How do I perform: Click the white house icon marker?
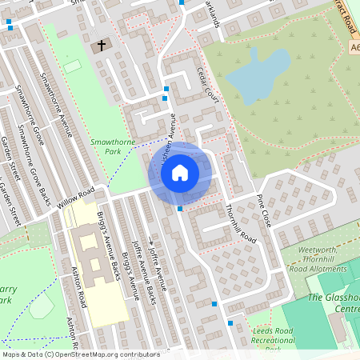180,171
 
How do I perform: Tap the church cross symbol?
102,46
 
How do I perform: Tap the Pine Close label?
263,210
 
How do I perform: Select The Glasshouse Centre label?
333,303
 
